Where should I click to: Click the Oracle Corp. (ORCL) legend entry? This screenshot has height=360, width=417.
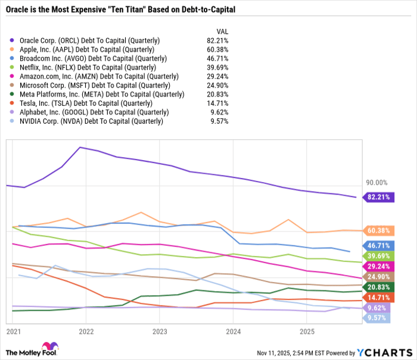tap(89, 40)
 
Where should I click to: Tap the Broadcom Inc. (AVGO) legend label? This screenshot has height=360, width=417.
tap(89, 58)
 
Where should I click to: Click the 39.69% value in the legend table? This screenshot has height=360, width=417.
tap(216, 67)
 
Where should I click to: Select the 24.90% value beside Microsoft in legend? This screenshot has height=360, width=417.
tap(216, 85)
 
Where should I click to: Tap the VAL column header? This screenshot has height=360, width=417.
tap(220, 32)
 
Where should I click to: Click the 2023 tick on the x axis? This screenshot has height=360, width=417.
tap(160, 331)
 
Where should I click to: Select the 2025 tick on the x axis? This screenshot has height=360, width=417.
tap(306, 331)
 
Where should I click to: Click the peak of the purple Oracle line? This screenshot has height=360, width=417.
tap(80, 147)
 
